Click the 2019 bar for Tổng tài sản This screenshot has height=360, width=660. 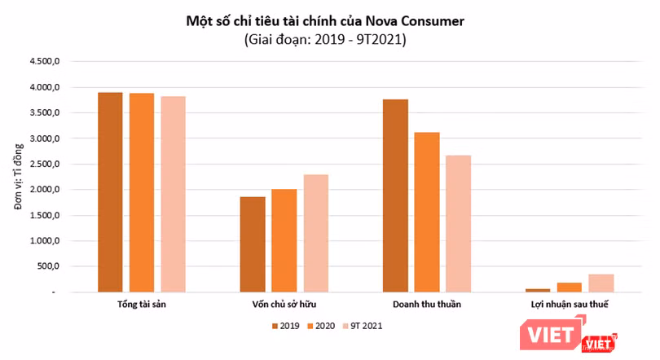click(x=110, y=191)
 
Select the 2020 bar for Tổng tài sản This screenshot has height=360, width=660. click(x=141, y=192)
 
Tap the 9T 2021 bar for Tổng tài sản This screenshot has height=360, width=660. click(x=173, y=194)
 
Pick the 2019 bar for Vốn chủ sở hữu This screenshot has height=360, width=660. click(x=253, y=244)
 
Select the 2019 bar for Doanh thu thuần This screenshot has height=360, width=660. click(x=395, y=195)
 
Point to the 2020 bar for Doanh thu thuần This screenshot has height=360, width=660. click(x=427, y=212)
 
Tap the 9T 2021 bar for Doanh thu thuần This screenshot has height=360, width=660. click(x=458, y=223)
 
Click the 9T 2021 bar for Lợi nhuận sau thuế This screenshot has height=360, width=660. click(x=601, y=283)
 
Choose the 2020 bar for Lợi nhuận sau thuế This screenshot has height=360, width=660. click(x=570, y=287)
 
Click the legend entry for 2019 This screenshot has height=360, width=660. click(x=286, y=325)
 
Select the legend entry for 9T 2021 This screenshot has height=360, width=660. click(x=362, y=325)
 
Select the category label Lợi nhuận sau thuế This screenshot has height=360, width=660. click(x=570, y=305)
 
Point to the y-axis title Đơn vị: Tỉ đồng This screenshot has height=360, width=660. click(x=18, y=177)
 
